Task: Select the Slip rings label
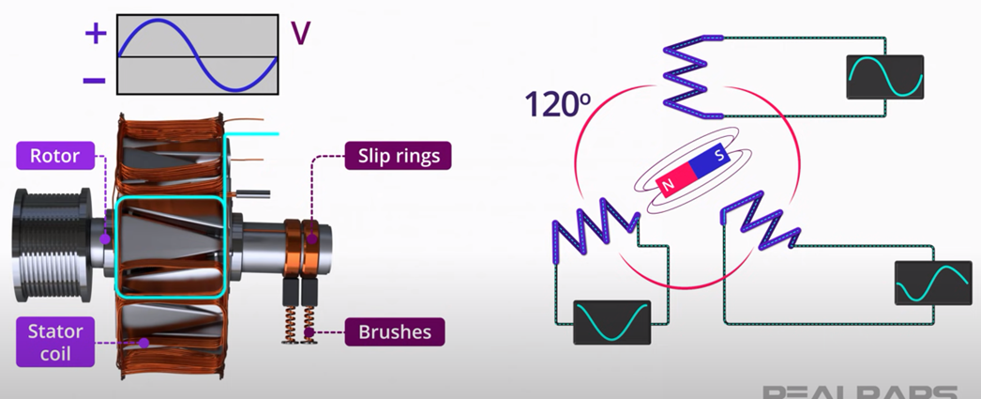click(x=398, y=155)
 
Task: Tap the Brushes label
click(x=394, y=331)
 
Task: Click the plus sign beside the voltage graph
click(x=96, y=35)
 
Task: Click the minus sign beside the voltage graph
click(x=95, y=80)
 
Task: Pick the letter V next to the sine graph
click(x=300, y=34)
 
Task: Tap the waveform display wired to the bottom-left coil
click(x=611, y=322)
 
